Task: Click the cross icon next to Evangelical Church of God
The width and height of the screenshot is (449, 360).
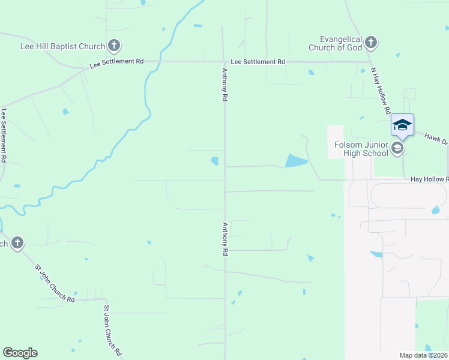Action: tap(371, 42)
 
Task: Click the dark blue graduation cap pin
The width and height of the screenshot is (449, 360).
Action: tap(402, 125)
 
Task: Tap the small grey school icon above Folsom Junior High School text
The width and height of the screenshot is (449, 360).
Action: tap(397, 147)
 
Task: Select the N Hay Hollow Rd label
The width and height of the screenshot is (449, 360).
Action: tap(381, 90)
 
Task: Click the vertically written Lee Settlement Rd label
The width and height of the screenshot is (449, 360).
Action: tap(4, 136)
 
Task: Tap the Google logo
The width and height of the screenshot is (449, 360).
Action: tap(20, 353)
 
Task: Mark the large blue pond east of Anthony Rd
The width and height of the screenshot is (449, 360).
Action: tap(295, 160)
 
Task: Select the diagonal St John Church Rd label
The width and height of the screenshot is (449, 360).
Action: tap(54, 284)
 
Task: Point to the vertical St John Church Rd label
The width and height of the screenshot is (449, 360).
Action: tap(112, 331)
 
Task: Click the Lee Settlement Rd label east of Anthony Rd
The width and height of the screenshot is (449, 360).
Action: tap(258, 62)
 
